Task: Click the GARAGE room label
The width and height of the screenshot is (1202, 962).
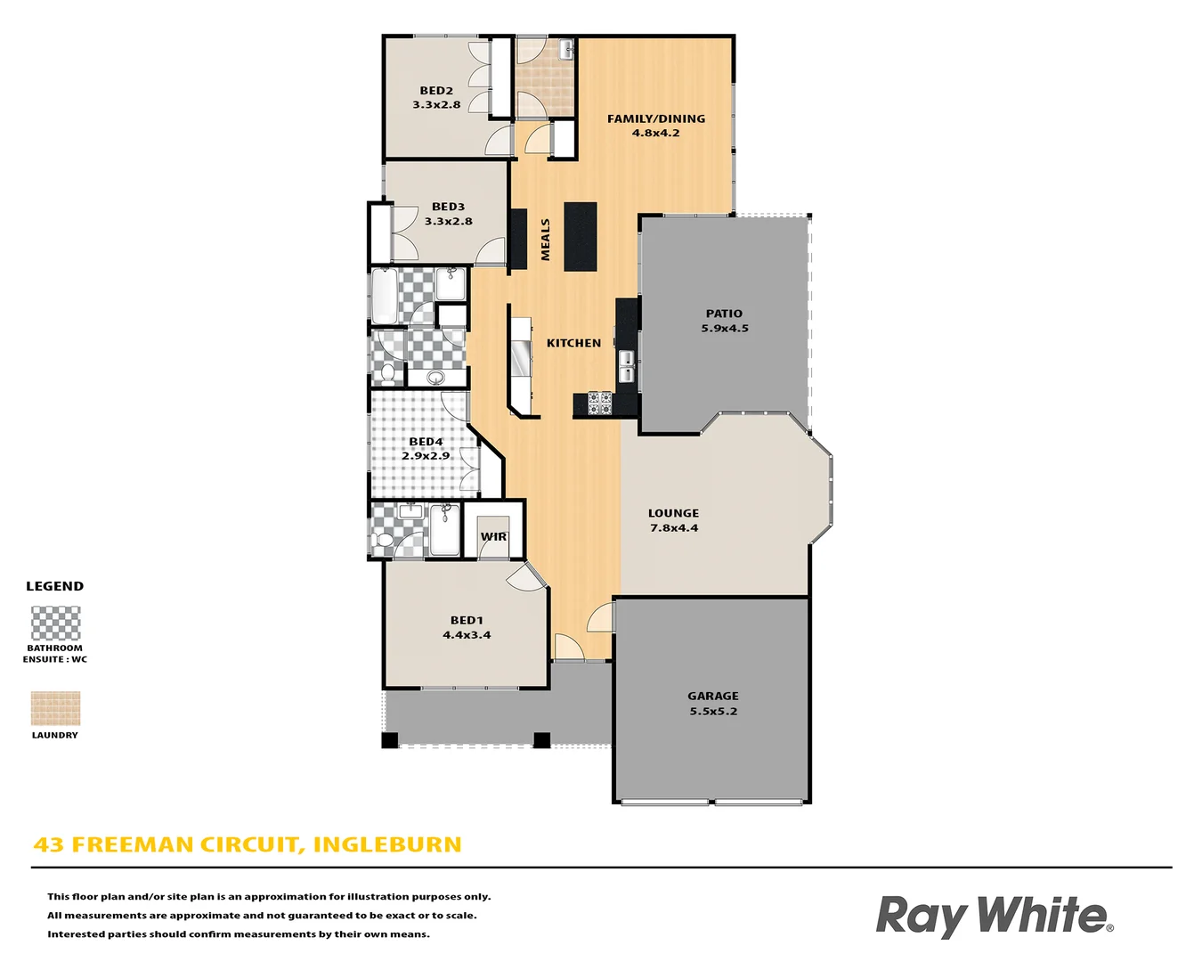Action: [712, 697]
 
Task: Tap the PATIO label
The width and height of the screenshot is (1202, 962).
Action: [724, 314]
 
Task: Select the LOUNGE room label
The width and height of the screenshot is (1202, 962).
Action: [673, 513]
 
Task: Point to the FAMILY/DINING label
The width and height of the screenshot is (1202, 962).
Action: [656, 118]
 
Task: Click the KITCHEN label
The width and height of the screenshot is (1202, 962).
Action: [573, 343]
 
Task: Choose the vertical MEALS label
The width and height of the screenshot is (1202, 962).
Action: [546, 240]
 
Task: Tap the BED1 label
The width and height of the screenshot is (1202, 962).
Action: [467, 621]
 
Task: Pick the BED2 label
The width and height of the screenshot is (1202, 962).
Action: [436, 91]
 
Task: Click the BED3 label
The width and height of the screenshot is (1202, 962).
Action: [448, 207]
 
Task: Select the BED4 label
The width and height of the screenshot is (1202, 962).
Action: [426, 442]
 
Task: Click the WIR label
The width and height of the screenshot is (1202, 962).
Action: [493, 536]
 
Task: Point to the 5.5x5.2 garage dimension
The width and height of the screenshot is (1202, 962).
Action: [713, 712]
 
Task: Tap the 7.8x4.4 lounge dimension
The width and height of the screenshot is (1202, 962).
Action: [674, 528]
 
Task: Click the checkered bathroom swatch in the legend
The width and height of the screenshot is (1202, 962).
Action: [55, 624]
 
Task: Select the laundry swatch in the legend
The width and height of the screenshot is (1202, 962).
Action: [55, 708]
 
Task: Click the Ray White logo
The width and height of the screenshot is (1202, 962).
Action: [995, 916]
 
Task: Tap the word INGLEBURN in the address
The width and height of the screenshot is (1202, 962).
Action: [387, 844]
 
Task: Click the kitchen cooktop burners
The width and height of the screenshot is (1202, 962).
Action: [599, 404]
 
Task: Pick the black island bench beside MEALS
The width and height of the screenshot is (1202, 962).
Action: [580, 237]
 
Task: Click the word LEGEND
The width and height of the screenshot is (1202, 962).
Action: [55, 586]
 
